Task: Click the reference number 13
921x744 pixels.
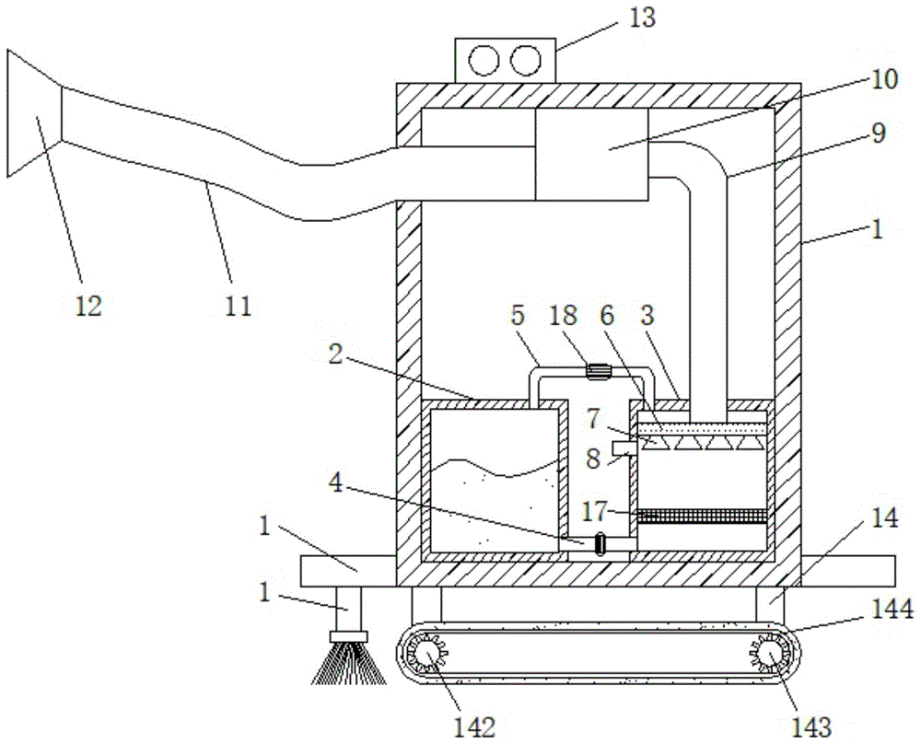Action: pos(642,18)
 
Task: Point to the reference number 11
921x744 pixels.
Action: pos(238,305)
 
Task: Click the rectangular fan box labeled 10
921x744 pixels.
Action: pos(591,154)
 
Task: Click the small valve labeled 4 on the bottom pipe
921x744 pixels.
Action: pos(600,544)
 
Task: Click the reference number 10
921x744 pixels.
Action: pos(881,80)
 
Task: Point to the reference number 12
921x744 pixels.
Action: pos(87,305)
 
